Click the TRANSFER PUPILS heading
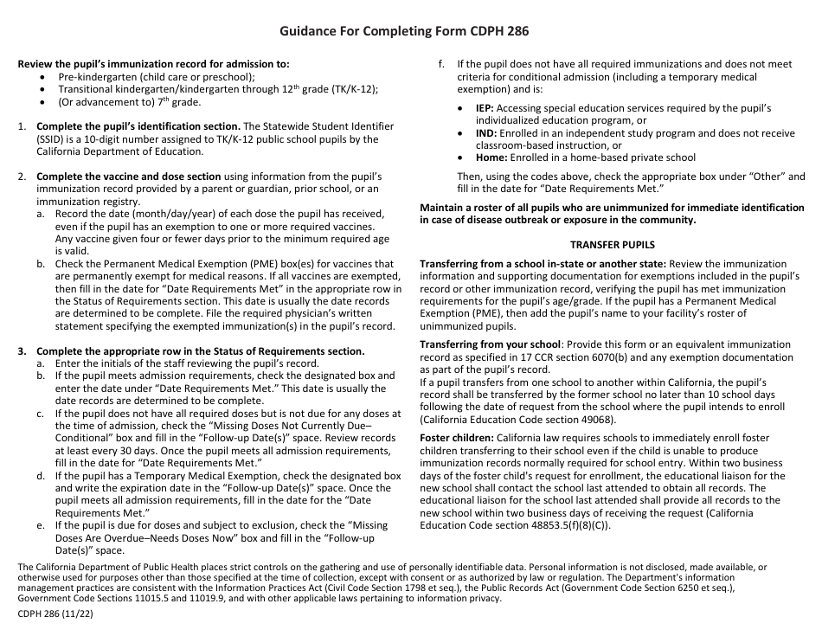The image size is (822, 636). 612,245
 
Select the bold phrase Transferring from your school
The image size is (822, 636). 490,344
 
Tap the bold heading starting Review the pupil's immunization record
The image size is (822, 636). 154,64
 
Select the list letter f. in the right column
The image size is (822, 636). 441,64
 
